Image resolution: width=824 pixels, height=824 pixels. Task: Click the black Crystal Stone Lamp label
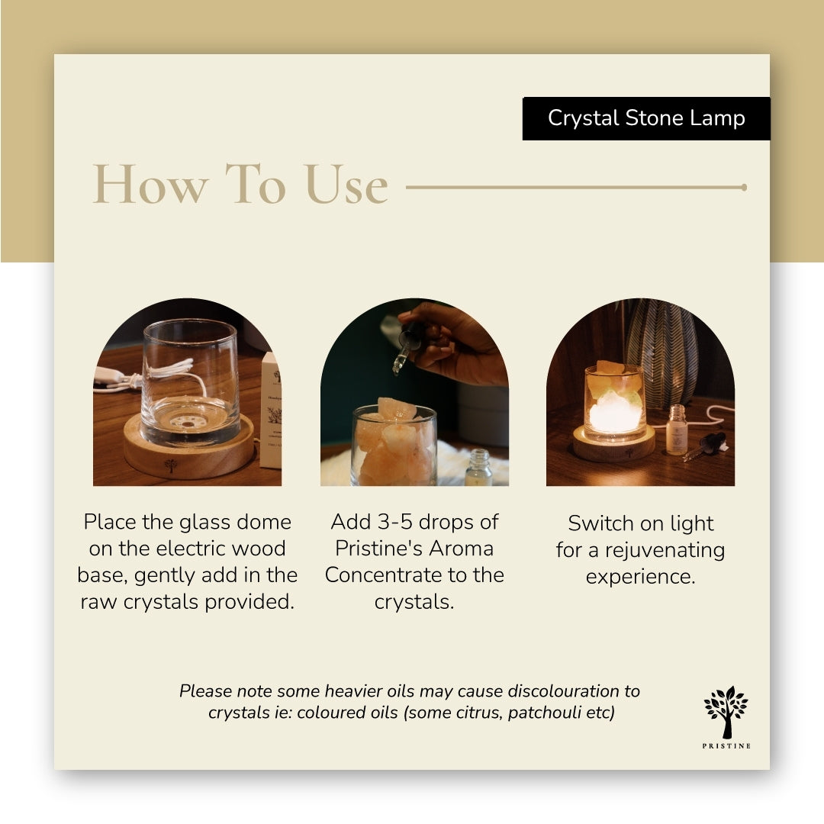pyautogui.click(x=646, y=118)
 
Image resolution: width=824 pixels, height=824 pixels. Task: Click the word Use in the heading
pyautogui.click(x=346, y=184)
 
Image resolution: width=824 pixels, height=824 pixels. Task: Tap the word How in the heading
pyautogui.click(x=150, y=184)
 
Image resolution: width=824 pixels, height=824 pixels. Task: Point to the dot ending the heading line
pyautogui.click(x=744, y=187)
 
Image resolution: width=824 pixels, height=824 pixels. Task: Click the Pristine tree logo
pyautogui.click(x=726, y=712)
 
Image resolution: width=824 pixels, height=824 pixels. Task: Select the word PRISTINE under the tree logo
pyautogui.click(x=726, y=745)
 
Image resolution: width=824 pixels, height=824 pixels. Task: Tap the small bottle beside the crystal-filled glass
pyautogui.click(x=478, y=467)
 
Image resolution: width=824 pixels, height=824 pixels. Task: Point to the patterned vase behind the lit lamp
pyautogui.click(x=661, y=352)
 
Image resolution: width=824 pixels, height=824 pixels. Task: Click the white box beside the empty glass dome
pyautogui.click(x=271, y=410)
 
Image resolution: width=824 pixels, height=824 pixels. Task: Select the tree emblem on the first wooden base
pyautogui.click(x=170, y=465)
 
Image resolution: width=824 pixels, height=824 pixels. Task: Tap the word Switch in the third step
pyautogui.click(x=600, y=523)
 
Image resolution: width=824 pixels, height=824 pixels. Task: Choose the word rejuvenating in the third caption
pyautogui.click(x=665, y=551)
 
